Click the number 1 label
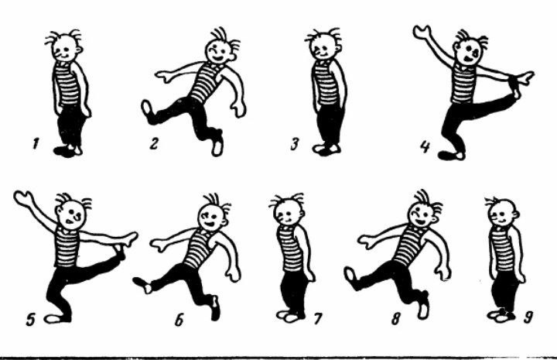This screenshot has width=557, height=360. (36, 144)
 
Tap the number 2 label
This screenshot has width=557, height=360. (154, 144)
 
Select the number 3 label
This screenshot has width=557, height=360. (295, 144)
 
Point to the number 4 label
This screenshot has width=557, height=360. (425, 146)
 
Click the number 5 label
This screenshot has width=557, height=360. (30, 320)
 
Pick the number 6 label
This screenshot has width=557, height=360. (179, 320)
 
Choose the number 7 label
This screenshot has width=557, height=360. (318, 318)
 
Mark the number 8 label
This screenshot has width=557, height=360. (396, 318)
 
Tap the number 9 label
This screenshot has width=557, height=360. (528, 317)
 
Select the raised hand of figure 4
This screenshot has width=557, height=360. (422, 32)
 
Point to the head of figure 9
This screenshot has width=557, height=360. (502, 213)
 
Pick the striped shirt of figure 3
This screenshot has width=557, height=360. (325, 82)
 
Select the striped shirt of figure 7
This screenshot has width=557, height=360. (291, 248)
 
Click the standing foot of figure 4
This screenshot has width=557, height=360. (451, 155)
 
